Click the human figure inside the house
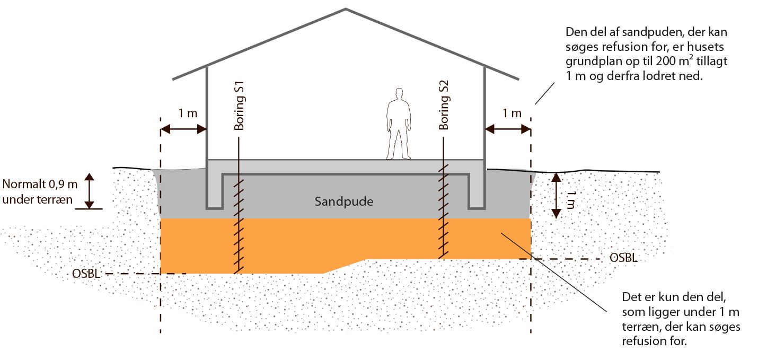pos(399,124)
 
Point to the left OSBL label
pos(85,274)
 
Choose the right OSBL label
pos(623,258)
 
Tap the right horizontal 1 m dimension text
pos(512,113)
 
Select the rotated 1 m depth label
pos(569,199)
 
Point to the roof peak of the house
pos(346,10)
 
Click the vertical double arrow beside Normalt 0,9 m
pos(89,190)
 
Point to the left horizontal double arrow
pos(183,129)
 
